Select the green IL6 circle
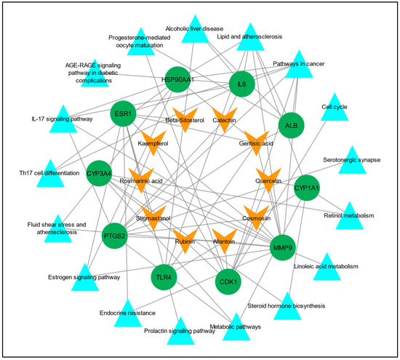242,85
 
